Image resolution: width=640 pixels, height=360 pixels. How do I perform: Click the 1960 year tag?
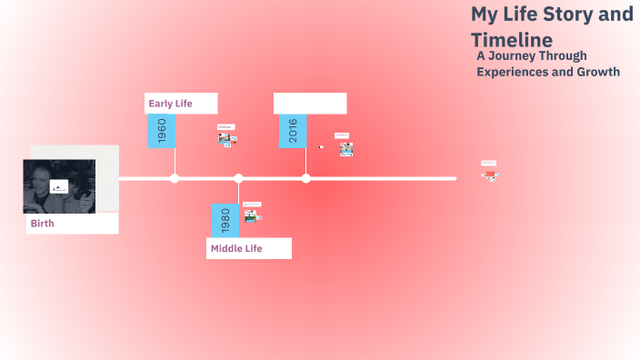[162, 131]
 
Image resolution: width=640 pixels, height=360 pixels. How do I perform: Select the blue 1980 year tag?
[225, 220]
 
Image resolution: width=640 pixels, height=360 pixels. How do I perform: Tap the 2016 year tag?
[293, 131]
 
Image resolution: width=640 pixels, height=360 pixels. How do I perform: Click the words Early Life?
[171, 104]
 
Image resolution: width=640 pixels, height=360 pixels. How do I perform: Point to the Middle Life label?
[236, 248]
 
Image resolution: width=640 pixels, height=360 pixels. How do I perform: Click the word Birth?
[43, 223]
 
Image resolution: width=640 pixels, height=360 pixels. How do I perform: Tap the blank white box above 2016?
[310, 103]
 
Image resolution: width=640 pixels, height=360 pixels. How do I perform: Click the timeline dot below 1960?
[175, 178]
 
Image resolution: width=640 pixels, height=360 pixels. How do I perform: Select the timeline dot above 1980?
[238, 178]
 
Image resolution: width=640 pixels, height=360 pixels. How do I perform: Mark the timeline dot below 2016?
[305, 178]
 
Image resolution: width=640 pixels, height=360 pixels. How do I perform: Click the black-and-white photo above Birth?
[59, 185]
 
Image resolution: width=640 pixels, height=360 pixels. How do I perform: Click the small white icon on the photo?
[58, 188]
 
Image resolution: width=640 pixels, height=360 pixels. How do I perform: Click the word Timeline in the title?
[512, 40]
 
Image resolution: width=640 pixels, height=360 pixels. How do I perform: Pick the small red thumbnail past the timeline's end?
[490, 169]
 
